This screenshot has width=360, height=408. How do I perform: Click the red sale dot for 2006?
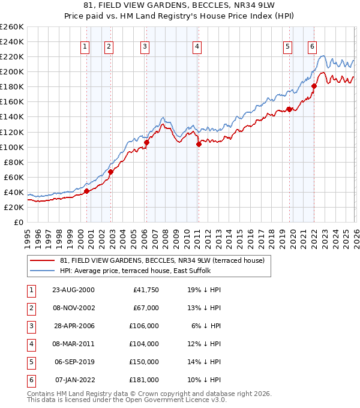click(x=146, y=142)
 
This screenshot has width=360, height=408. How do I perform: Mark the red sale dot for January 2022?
click(x=314, y=86)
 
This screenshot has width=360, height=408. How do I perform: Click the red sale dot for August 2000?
click(x=86, y=191)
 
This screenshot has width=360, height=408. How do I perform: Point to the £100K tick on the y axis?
click(x=12, y=147)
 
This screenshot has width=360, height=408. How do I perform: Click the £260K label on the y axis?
click(x=12, y=27)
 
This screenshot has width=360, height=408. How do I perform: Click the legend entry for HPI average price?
click(x=135, y=271)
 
